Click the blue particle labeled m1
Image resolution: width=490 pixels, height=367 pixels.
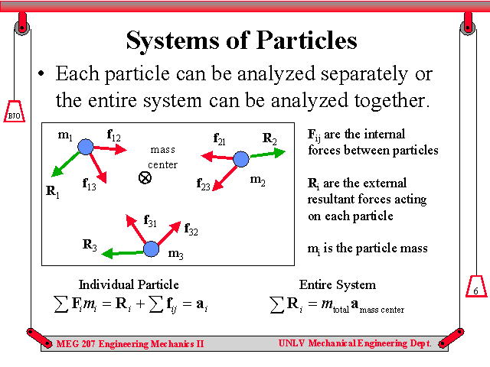85,147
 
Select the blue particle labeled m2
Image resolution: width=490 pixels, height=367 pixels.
241,159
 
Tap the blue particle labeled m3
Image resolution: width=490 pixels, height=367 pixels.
152,248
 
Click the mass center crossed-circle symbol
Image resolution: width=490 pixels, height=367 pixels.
145,178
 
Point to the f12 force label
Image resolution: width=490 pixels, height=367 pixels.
114,135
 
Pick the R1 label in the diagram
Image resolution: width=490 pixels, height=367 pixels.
53,191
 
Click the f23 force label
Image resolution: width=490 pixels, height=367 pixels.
203,184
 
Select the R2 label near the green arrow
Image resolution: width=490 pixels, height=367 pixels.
269,138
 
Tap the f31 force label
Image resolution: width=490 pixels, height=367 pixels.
150,221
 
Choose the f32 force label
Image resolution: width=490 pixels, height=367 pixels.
191,229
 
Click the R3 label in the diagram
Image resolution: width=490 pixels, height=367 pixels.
90,245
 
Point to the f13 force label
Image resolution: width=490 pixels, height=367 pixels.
89,183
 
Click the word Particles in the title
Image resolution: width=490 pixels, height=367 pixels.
307,41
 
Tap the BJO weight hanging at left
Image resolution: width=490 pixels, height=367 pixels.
14,112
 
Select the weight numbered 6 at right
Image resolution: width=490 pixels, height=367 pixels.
476,287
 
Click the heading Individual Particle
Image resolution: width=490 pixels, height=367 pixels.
129,284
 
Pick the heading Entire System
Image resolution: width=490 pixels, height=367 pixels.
338,285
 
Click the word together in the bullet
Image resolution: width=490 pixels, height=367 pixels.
392,101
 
